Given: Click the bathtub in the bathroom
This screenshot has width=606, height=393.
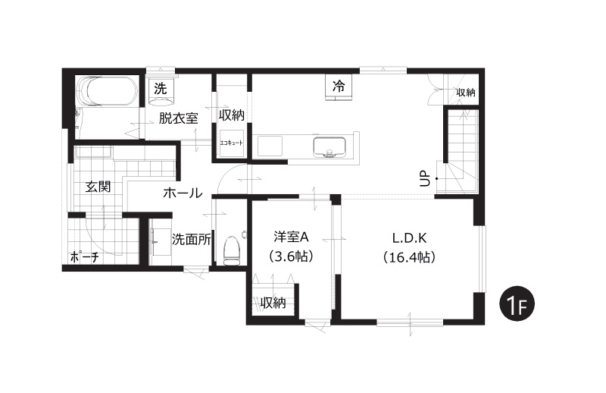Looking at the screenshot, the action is (107, 91).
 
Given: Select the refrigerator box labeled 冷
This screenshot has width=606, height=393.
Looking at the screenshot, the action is (339, 87).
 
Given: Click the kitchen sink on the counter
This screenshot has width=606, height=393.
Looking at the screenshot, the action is (330, 147).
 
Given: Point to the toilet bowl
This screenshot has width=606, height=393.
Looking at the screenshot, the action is (232, 250).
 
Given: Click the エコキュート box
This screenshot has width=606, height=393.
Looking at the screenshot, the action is (232, 143).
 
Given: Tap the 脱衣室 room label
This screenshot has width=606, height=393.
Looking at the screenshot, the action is (178, 118).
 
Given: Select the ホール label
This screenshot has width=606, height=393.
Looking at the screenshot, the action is (183, 193).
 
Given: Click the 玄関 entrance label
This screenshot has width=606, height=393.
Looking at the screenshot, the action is (98, 187).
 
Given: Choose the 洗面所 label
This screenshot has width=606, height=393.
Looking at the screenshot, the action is (192, 240).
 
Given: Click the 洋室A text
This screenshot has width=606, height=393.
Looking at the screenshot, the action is (290, 237).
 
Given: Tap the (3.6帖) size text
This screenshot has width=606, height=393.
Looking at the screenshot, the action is (290, 256).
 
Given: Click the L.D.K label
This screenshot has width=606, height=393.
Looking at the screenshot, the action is (409, 237).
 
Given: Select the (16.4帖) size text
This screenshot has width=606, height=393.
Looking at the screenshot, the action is (409, 257).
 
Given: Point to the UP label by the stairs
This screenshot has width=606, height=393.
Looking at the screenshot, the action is (425, 178).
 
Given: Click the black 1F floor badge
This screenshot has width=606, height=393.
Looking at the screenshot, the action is (517, 304).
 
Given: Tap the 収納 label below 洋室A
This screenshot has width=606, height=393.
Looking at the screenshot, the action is (273, 303).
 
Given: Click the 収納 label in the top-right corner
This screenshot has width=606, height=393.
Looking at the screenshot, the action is (465, 93).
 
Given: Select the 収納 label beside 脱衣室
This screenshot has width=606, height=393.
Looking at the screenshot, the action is (232, 115).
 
